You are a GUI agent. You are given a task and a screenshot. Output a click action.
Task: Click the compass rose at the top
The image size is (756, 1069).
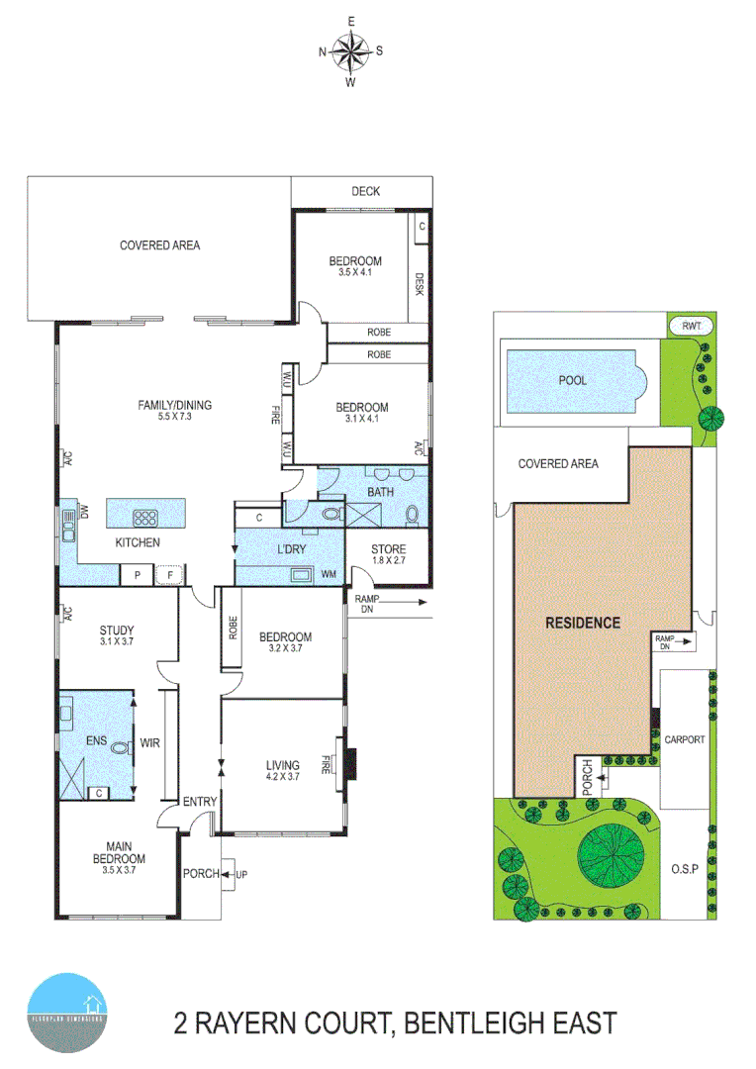pyautogui.click(x=350, y=50)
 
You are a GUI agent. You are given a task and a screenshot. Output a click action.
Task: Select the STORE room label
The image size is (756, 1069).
pyautogui.click(x=388, y=549)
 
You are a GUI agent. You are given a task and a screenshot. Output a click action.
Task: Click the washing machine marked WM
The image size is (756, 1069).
pyautogui.click(x=326, y=574)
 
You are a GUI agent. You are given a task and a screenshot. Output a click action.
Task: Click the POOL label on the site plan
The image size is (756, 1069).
pyautogui.click(x=572, y=380)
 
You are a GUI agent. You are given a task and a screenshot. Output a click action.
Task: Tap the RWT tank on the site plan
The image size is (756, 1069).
pyautogui.click(x=684, y=326)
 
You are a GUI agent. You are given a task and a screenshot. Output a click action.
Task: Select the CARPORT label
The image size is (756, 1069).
pyautogui.click(x=684, y=738)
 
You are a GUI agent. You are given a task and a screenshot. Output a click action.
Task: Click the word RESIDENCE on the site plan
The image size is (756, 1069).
pyautogui.click(x=583, y=623)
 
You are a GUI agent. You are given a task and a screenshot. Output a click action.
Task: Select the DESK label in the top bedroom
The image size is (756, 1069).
pyautogui.click(x=420, y=285)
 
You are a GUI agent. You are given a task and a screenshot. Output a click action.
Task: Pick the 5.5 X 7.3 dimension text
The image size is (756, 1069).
pyautogui.click(x=175, y=418)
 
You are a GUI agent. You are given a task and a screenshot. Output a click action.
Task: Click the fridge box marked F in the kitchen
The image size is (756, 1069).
pyautogui.click(x=169, y=574)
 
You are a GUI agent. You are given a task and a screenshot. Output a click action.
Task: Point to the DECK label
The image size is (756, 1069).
pyautogui.click(x=365, y=192)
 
